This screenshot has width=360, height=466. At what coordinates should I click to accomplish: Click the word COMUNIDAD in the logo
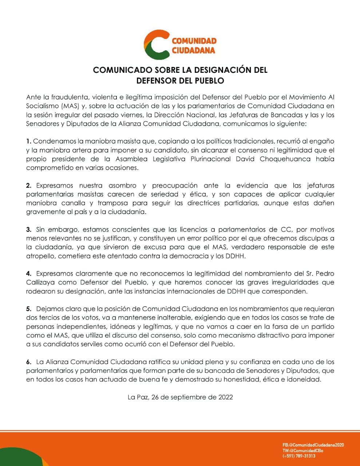pyautogui.click(x=194, y=41)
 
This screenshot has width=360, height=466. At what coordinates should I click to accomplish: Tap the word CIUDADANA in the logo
pyautogui.click(x=193, y=50)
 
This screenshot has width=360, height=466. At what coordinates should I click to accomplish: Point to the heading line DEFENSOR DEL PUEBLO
pyautogui.click(x=180, y=80)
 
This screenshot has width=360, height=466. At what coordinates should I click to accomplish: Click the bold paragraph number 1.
pyautogui.click(x=29, y=141)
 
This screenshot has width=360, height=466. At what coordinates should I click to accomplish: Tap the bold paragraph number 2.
pyautogui.click(x=29, y=186)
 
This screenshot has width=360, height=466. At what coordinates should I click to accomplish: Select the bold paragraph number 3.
pyautogui.click(x=29, y=230)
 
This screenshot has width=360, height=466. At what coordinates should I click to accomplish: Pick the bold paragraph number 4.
pyautogui.click(x=29, y=274)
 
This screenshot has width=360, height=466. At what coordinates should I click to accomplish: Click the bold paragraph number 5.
pyautogui.click(x=29, y=309)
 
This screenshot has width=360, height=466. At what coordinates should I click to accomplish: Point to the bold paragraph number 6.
pyautogui.click(x=29, y=362)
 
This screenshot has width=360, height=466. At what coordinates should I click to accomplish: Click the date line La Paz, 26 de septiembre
pyautogui.click(x=180, y=397)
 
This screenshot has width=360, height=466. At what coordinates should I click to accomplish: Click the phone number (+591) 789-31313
pyautogui.click(x=299, y=456)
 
